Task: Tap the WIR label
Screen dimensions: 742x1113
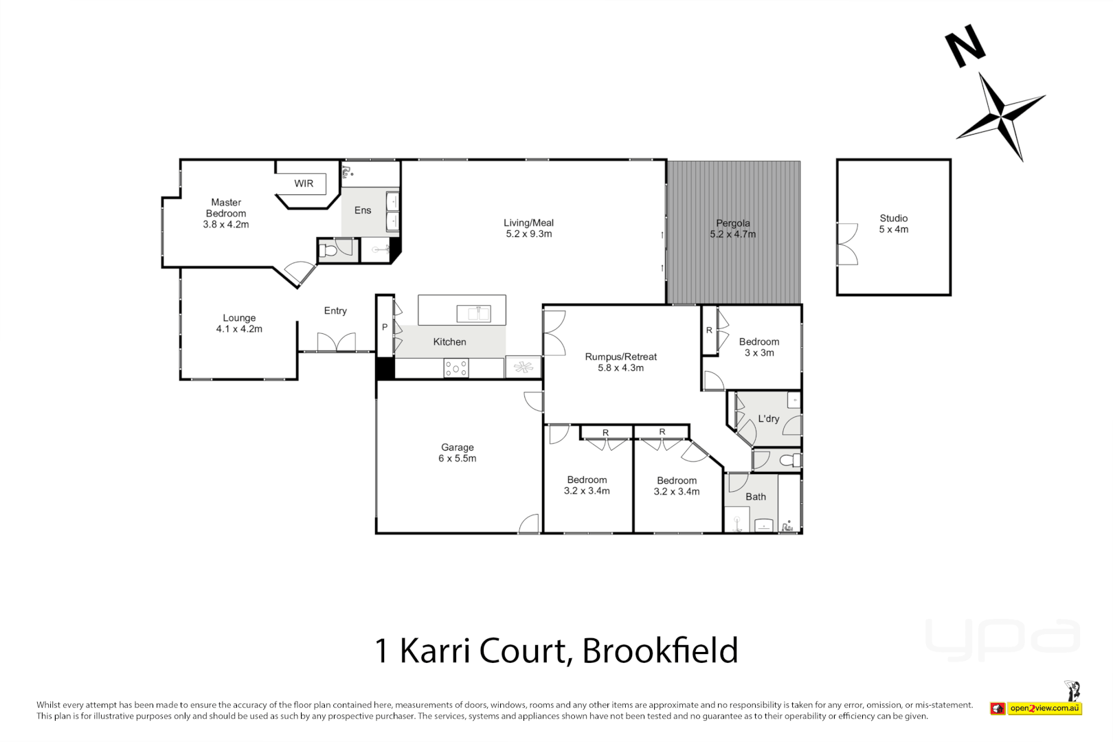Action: point(304,183)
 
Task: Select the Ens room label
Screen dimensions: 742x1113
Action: point(363,210)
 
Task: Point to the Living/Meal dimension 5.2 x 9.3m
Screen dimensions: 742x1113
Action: point(529,234)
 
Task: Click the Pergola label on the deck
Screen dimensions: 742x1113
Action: point(733,223)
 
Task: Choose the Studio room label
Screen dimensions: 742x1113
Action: point(893,218)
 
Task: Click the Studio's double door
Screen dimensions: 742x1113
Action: point(847,244)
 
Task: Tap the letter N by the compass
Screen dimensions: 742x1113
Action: point(965,46)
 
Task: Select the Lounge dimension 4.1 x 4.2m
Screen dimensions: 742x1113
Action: point(239,329)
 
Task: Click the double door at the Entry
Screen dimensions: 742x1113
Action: point(336,342)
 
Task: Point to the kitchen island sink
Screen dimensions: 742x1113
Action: point(473,314)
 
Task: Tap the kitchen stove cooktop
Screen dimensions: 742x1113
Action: point(456,368)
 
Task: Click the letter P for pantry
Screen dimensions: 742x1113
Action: point(385,327)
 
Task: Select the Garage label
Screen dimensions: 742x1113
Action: point(458,447)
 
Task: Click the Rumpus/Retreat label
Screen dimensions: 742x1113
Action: point(621,357)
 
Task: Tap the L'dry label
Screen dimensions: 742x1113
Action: point(769,418)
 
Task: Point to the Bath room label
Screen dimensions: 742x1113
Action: point(756,497)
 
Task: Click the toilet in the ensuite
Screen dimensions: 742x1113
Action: point(329,250)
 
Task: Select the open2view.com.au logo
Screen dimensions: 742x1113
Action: point(1044,708)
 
